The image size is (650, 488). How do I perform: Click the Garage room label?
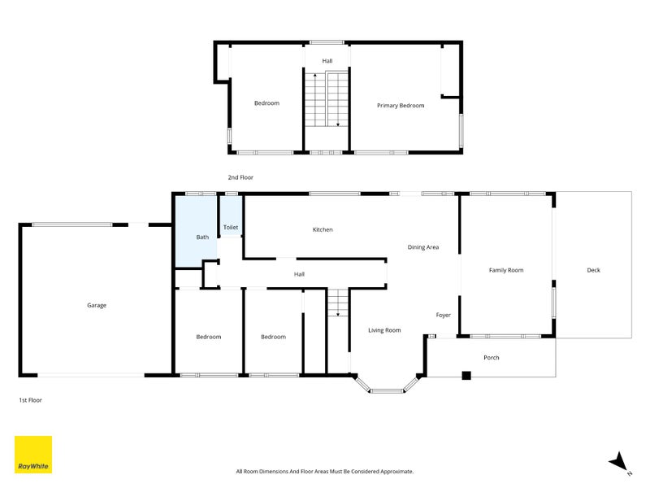coord(97,306)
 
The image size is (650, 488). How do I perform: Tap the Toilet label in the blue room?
coord(231,228)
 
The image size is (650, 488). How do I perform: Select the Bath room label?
coord(202,237)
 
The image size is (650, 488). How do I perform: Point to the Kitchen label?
coord(323,229)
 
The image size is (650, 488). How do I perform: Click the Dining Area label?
coord(422,247)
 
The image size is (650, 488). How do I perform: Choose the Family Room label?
coord(505,270)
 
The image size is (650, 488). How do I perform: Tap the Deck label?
coord(593,270)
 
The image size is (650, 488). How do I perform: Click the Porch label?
coord(492,357)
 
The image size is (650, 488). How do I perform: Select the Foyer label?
coord(443,315)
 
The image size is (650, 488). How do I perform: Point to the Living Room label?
coord(384,330)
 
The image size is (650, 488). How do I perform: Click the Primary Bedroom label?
coord(401,106)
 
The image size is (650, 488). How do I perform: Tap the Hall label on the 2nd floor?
coord(327,61)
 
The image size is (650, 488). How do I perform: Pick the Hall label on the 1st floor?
coord(299,274)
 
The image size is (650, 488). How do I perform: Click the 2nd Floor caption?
coord(240,177)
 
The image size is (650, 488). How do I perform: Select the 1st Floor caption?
coord(30,400)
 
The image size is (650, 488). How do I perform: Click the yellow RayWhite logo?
coord(33,455)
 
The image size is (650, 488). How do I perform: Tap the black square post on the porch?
coord(466,375)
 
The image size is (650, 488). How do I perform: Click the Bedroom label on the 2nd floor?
coord(266,103)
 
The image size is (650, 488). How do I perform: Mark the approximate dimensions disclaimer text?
coord(324,472)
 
